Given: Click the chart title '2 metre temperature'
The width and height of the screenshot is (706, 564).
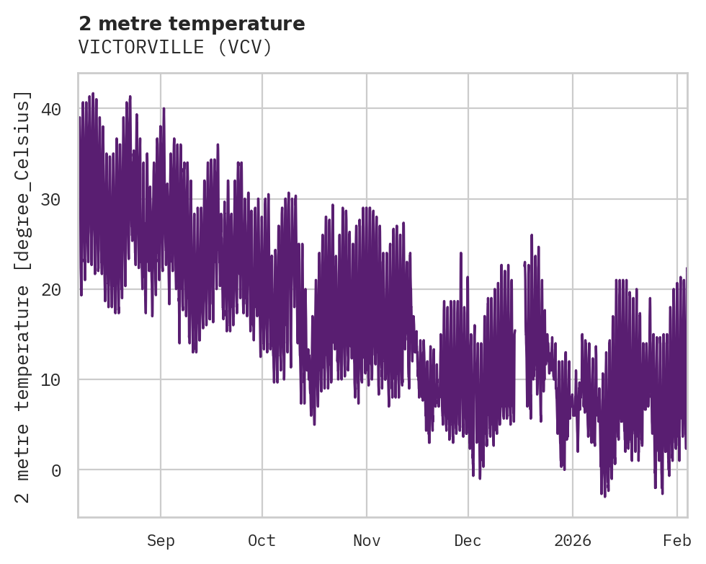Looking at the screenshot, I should [x=192, y=24].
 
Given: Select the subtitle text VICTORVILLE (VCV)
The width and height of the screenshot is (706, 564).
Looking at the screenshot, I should [x=175, y=48].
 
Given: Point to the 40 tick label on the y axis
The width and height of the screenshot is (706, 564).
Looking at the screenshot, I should [x=50, y=110].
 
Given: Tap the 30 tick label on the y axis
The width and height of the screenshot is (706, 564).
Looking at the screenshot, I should [x=50, y=200].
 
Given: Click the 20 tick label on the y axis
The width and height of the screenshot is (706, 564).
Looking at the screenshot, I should [x=50, y=290].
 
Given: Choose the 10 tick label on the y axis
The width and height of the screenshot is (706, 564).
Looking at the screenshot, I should [x=50, y=380].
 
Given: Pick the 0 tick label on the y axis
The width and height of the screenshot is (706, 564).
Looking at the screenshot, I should [x=55, y=471].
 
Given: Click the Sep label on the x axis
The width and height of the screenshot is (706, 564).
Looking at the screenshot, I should [x=161, y=541].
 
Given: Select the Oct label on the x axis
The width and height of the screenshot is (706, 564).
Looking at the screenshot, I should [x=262, y=541].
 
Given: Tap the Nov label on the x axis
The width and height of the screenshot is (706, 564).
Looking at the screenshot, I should [x=366, y=541].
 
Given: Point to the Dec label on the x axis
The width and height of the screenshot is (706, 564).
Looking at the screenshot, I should [x=468, y=541].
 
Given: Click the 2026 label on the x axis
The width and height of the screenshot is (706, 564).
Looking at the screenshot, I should [x=572, y=541].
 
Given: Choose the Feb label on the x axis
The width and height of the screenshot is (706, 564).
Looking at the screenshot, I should [x=677, y=541].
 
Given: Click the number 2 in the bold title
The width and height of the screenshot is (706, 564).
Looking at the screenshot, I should [x=84, y=24].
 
